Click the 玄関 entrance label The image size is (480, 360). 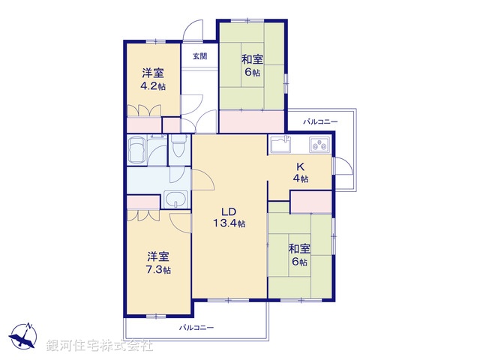199,55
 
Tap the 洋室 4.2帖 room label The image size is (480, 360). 153,79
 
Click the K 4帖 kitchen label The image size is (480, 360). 299,172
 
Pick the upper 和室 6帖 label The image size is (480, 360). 250,66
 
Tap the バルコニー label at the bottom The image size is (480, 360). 196,328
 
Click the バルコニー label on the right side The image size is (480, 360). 320,121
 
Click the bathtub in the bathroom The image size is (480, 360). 138,151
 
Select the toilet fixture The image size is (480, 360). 177,148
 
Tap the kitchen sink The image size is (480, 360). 279,143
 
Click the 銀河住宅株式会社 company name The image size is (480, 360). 100,346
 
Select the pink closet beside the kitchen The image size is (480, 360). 310,202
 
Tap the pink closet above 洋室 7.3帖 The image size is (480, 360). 143,201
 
